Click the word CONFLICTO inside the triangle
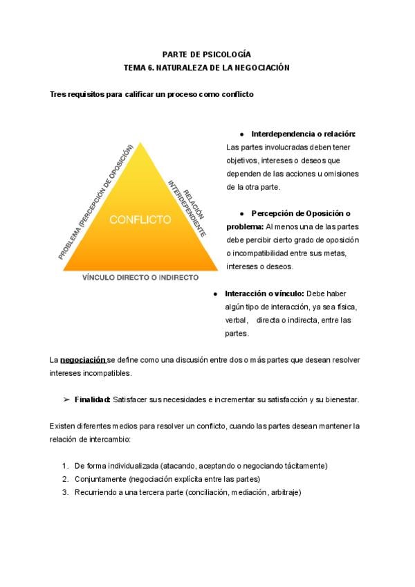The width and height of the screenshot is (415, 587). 140,220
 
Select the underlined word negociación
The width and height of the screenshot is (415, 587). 82,360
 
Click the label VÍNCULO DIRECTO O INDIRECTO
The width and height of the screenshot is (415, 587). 140,277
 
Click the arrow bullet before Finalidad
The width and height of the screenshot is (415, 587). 67,400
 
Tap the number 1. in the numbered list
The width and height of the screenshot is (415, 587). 65,466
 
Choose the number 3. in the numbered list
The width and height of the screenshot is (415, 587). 65,492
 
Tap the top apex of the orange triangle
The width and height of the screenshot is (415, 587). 140,144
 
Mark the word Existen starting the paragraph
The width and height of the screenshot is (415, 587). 63,426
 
